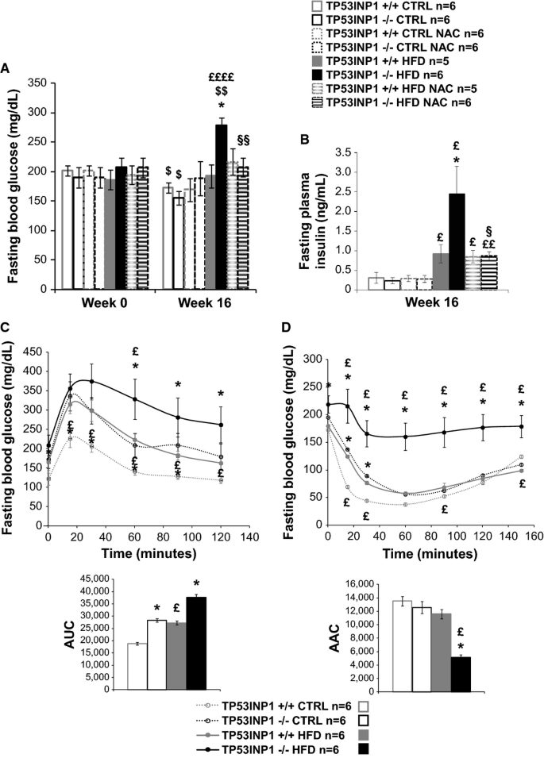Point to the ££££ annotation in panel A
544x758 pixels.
[x=222, y=78]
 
